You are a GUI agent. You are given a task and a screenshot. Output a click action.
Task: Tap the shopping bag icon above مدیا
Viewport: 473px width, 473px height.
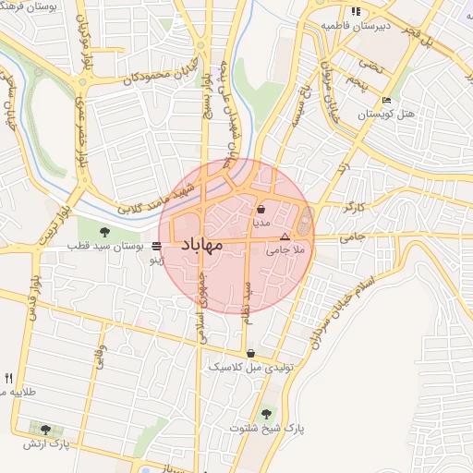tap(261, 209)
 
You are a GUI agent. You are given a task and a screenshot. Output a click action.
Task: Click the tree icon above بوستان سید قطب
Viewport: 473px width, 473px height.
tap(103, 230)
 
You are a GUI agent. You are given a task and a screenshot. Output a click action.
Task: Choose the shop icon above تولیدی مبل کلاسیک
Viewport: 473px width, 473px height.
tap(250, 353)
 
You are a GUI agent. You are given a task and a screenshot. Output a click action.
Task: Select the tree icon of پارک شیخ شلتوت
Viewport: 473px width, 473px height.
tap(268, 414)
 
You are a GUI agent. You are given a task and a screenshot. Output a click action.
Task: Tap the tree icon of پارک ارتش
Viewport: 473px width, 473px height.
tap(44, 430)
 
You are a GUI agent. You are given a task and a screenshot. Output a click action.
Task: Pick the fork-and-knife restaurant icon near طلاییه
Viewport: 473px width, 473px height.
tap(9, 378)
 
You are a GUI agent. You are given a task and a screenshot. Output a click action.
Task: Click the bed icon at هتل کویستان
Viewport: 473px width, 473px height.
tap(386, 100)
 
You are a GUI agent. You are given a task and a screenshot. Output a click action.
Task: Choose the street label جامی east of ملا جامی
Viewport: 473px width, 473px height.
tap(353, 237)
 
